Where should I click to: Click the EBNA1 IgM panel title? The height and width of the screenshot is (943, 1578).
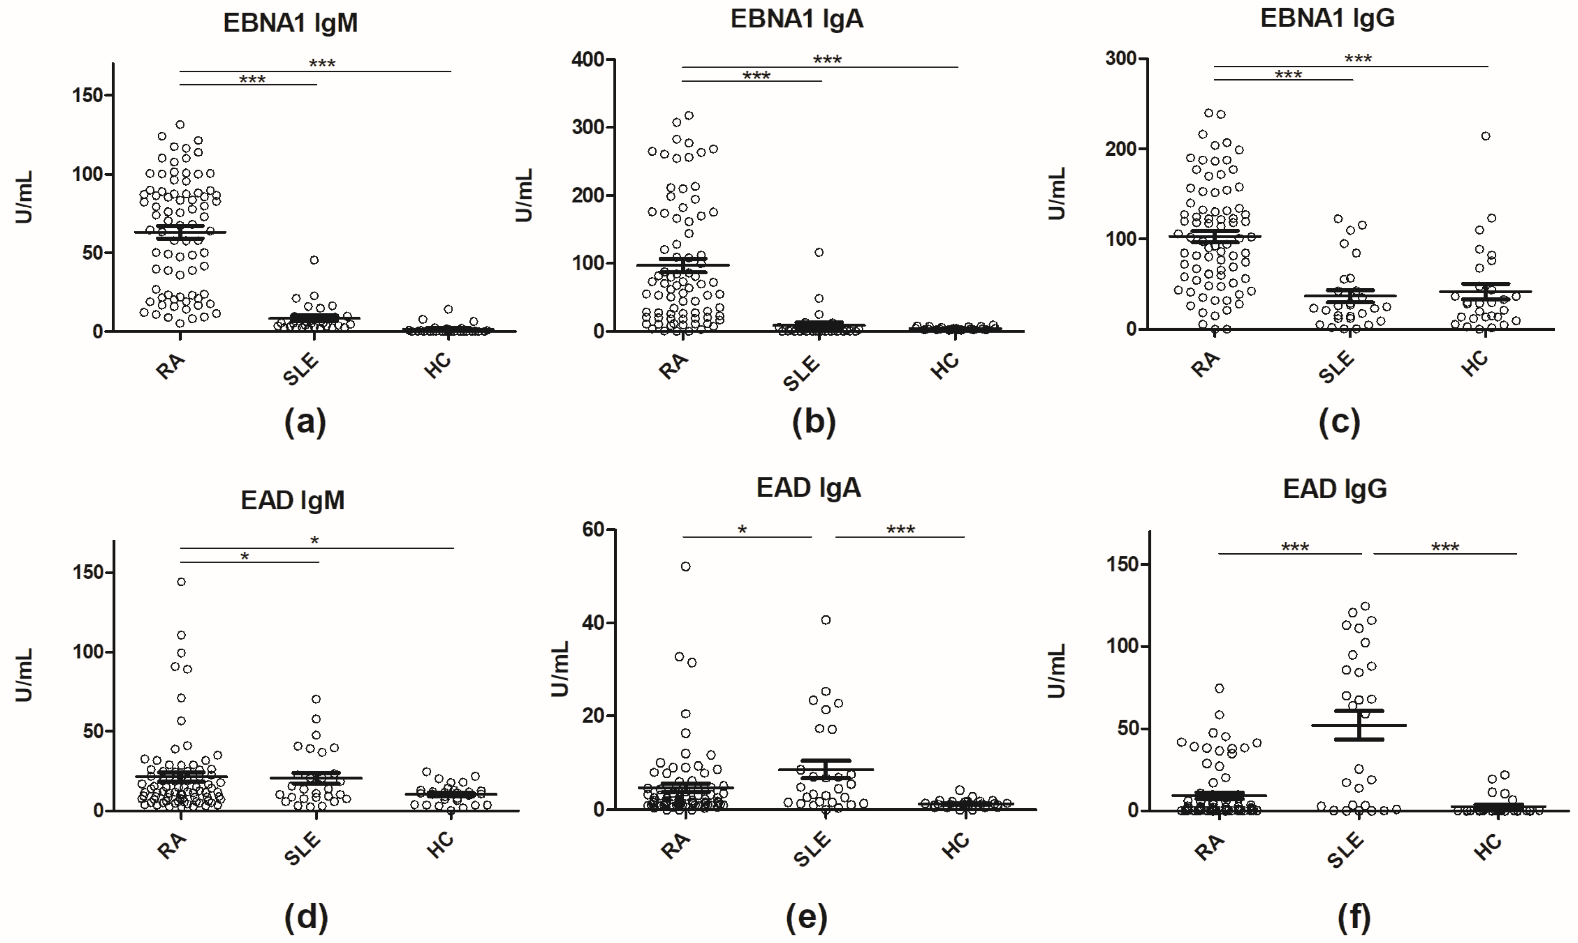tap(290, 23)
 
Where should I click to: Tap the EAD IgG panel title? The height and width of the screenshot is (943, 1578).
tap(1334, 489)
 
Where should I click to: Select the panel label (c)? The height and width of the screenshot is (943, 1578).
tap(1339, 422)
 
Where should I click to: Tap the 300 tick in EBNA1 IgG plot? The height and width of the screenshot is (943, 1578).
tap(1121, 59)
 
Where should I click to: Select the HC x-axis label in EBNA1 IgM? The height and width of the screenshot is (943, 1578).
tap(438, 365)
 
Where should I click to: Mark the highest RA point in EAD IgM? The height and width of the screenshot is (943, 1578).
tap(181, 581)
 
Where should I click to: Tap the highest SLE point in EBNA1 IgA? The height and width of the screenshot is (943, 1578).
tap(819, 252)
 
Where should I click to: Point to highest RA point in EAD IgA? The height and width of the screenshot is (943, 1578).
tap(686, 566)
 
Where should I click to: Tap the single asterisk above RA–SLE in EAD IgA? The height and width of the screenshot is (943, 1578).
tap(742, 529)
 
